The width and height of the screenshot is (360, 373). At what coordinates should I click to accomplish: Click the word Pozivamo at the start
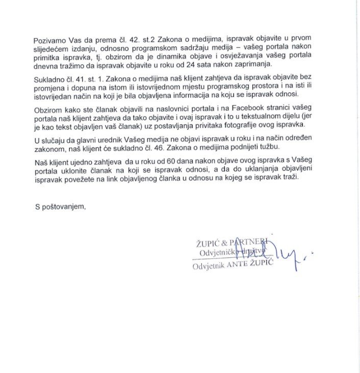(x=50, y=40)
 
